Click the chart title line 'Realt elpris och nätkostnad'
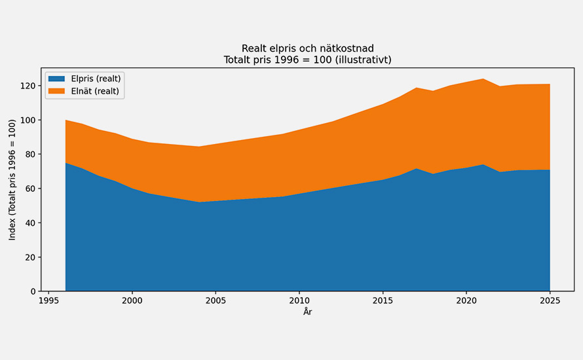pos(307,48)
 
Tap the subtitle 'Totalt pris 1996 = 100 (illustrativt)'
pos(307,60)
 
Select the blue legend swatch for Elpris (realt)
pos(57,79)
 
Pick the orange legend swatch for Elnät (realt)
pos(57,91)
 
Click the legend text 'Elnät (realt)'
pos(95,91)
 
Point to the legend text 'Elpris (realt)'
pos(96,79)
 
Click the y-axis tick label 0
pos(33,291)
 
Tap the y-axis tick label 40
pos(31,223)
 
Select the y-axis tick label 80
pos(31,154)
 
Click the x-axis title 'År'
pos(307,312)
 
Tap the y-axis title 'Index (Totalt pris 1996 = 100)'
pos(12,179)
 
